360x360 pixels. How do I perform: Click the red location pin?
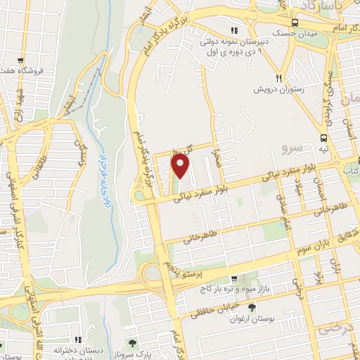pos(181,166)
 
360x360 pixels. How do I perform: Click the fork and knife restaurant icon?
pos(279,78)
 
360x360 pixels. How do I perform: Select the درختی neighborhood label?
pos(334,328)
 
